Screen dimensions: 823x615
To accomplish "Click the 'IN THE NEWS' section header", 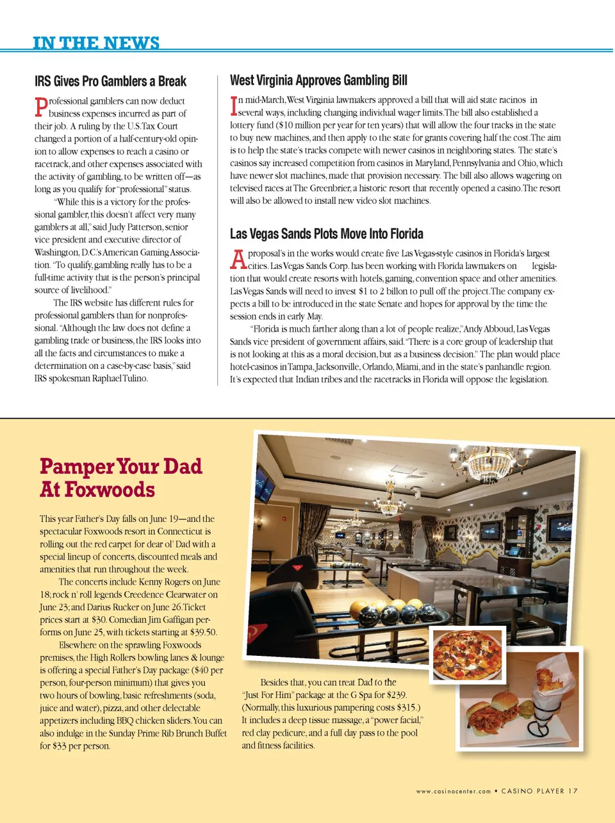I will click(96, 43).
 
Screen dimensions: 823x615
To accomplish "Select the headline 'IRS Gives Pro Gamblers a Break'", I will click(110, 81).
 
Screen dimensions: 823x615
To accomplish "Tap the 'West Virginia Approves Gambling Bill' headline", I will click(318, 81).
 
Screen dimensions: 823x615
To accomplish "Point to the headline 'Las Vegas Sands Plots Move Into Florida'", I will click(326, 234).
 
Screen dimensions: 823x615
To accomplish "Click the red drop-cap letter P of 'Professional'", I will click(41, 106).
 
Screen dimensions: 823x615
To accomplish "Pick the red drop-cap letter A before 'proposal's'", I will click(238, 259).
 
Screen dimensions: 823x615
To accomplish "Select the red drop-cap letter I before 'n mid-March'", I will click(234, 106).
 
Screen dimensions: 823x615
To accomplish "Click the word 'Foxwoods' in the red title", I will click(110, 490).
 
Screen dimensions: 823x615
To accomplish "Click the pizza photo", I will click(467, 655).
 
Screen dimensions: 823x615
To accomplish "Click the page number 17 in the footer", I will click(572, 791).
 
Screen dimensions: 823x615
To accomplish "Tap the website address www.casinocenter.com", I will click(453, 792).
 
